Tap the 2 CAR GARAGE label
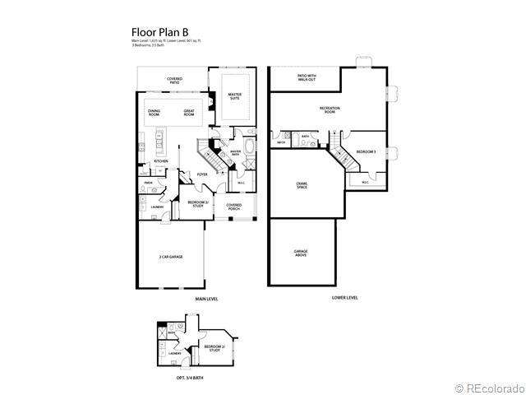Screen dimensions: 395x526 point(171,258)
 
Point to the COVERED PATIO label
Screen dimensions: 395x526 point(174,80)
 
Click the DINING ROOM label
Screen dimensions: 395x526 point(154,113)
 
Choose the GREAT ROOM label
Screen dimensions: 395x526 point(189,113)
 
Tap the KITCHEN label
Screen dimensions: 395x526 point(161,161)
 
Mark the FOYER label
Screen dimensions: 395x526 point(201,174)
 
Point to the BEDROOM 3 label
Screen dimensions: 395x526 point(366,152)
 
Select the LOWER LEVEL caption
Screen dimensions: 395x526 point(344,299)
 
